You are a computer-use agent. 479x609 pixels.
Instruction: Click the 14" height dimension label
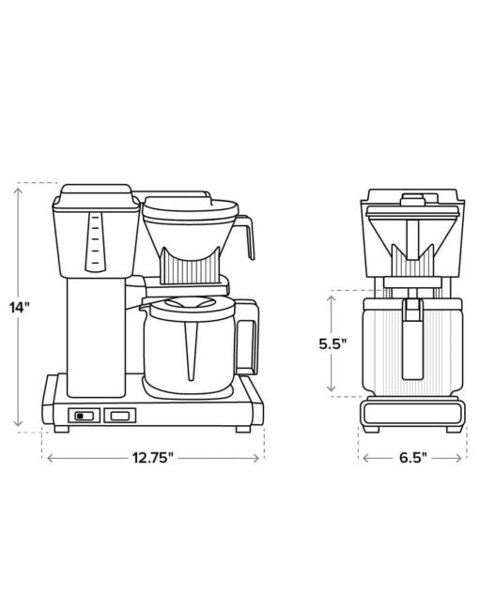(x=20, y=307)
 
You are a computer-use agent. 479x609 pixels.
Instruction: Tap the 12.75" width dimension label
(x=152, y=458)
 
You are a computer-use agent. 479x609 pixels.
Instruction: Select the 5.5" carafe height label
(x=332, y=343)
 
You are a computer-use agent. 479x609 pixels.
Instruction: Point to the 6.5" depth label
(x=413, y=458)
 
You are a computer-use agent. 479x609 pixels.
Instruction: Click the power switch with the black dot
(x=85, y=416)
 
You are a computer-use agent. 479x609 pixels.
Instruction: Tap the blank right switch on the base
(x=120, y=416)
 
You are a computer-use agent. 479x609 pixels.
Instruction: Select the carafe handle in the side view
(x=246, y=337)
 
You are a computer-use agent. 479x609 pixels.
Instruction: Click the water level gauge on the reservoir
(x=95, y=241)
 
